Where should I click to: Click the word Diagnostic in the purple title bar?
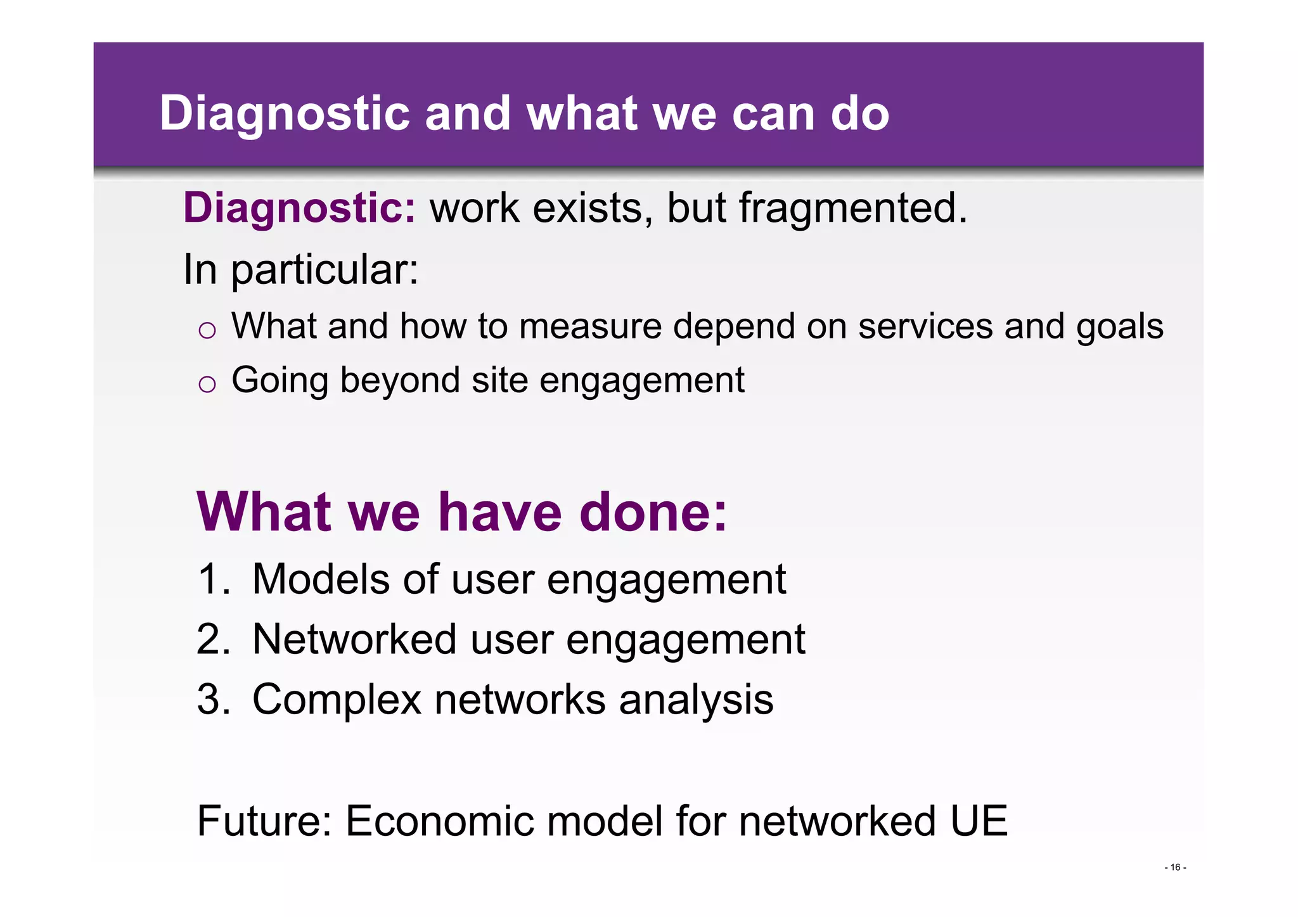tap(285, 114)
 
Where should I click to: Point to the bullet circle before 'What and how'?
tap(207, 330)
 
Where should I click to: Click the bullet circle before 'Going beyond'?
tap(207, 384)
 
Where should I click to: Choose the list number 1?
tap(211, 579)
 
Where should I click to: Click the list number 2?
tap(211, 639)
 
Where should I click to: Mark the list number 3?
tap(211, 699)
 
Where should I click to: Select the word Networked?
tap(354, 639)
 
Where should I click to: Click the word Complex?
tap(337, 700)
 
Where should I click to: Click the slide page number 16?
tap(1175, 868)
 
